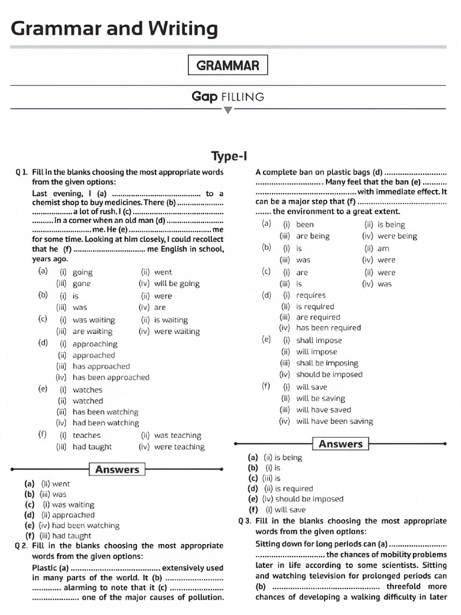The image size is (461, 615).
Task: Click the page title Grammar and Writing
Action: [114, 28]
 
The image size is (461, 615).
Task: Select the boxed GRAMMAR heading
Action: [227, 65]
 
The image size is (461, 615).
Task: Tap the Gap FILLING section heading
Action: [227, 96]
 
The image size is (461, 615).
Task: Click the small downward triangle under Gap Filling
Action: [227, 110]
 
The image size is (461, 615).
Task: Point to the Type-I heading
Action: [229, 157]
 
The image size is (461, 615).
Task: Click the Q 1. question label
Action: [22, 172]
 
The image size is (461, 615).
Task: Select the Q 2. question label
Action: [22, 546]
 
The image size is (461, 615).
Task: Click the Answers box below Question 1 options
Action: [117, 470]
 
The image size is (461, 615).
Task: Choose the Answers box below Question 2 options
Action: [340, 444]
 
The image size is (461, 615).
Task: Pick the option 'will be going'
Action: [176, 283]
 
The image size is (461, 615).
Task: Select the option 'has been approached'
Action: [110, 377]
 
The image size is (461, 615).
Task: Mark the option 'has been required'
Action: [328, 328]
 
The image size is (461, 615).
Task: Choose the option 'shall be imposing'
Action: [327, 363]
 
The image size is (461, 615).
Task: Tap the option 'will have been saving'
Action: [334, 422]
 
